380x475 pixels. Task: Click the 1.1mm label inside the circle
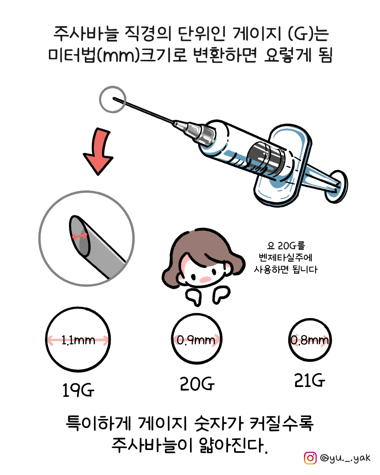click(x=78, y=340)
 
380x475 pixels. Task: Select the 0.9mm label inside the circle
click(x=196, y=340)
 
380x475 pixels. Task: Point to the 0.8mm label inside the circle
click(x=310, y=340)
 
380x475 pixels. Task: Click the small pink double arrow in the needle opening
click(x=80, y=236)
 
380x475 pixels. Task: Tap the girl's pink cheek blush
click(x=205, y=279)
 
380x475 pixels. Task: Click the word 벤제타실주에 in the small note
click(x=285, y=257)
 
